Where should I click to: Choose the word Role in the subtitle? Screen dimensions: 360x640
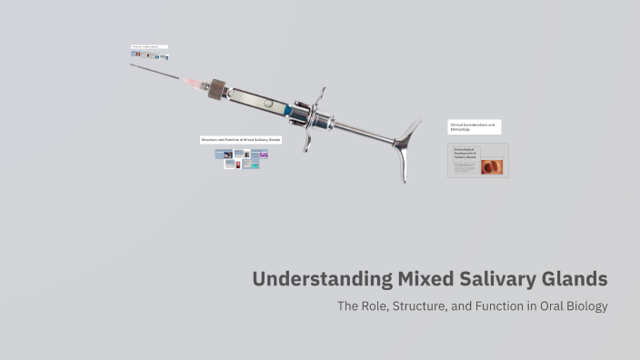point(380,306)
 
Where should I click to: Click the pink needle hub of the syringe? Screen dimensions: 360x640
point(195,83)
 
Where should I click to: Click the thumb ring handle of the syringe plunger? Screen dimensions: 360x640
point(405,145)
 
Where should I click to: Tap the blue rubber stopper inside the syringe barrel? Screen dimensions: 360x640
point(286,109)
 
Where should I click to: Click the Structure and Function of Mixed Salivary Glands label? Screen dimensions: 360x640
point(241,140)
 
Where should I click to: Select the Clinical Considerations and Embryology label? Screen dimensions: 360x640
point(473,126)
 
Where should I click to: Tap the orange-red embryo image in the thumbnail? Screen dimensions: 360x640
point(492,166)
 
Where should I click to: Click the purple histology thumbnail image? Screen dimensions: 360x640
point(263,155)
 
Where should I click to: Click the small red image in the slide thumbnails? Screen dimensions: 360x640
point(237,165)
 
